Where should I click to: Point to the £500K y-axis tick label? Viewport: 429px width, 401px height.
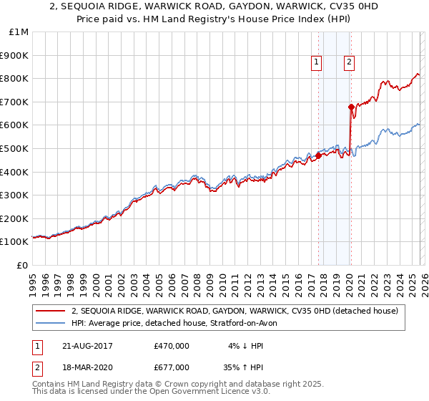pyautogui.click(x=15, y=148)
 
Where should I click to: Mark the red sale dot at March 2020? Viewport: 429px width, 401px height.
pyautogui.click(x=351, y=107)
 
